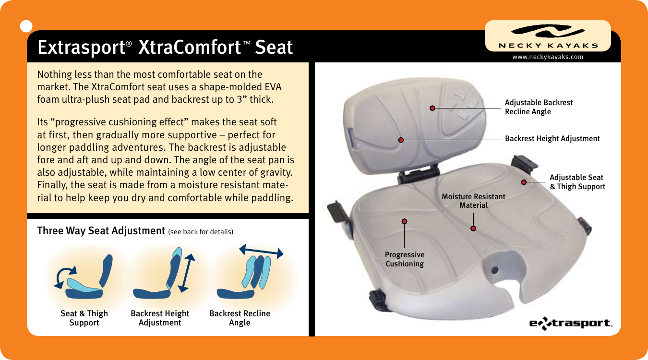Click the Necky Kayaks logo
[x=548, y=36]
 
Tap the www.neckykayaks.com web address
[x=548, y=57]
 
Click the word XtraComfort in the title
[x=190, y=48]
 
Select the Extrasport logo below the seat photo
[x=571, y=323]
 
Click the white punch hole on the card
[x=26, y=26]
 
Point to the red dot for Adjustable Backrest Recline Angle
[x=432, y=108]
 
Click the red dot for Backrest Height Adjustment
[x=401, y=140]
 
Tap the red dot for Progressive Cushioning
[x=405, y=221]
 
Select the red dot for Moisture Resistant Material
[x=473, y=228]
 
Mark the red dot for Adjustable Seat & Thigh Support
[x=524, y=182]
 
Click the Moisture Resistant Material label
[x=474, y=201]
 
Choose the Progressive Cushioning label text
[x=405, y=259]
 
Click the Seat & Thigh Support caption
[x=84, y=318]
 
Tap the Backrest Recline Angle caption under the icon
[x=240, y=318]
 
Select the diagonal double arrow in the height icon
[x=187, y=273]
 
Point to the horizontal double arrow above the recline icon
[x=261, y=251]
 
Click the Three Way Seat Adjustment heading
[x=101, y=231]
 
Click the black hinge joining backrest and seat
[x=418, y=173]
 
